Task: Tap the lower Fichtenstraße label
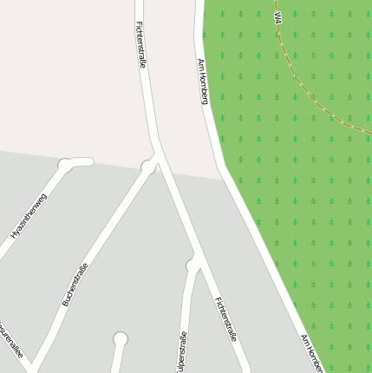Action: pos(226,319)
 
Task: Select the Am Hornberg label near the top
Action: pos(204,82)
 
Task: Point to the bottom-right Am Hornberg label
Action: pos(311,353)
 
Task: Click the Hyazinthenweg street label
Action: pos(29,217)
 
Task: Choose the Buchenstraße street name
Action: pos(75,284)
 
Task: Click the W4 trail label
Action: pos(277,17)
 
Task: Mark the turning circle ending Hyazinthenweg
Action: pos(64,164)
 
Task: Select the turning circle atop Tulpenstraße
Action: pos(193,265)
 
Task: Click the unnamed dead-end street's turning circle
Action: pos(120,338)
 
